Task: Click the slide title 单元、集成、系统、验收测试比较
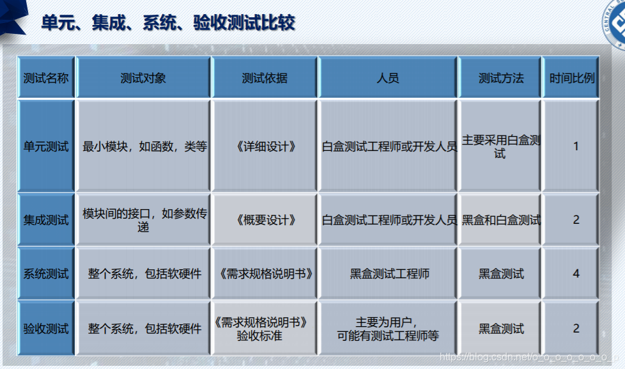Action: point(168,23)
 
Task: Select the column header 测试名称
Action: point(46,78)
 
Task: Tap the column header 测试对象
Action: point(143,78)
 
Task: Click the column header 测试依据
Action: point(265,78)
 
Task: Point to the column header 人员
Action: point(388,78)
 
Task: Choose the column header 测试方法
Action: point(501,78)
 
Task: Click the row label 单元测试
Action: point(46,146)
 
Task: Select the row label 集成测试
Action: point(46,220)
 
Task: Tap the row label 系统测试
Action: point(46,274)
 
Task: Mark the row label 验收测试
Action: point(46,329)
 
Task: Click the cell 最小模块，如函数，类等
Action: point(144,146)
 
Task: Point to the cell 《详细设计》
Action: point(265,146)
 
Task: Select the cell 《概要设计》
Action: point(265,220)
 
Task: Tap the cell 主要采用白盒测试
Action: point(501,146)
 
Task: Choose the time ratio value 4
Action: point(576,274)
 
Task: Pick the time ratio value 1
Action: point(576,146)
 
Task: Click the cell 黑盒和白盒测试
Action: point(501,220)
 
